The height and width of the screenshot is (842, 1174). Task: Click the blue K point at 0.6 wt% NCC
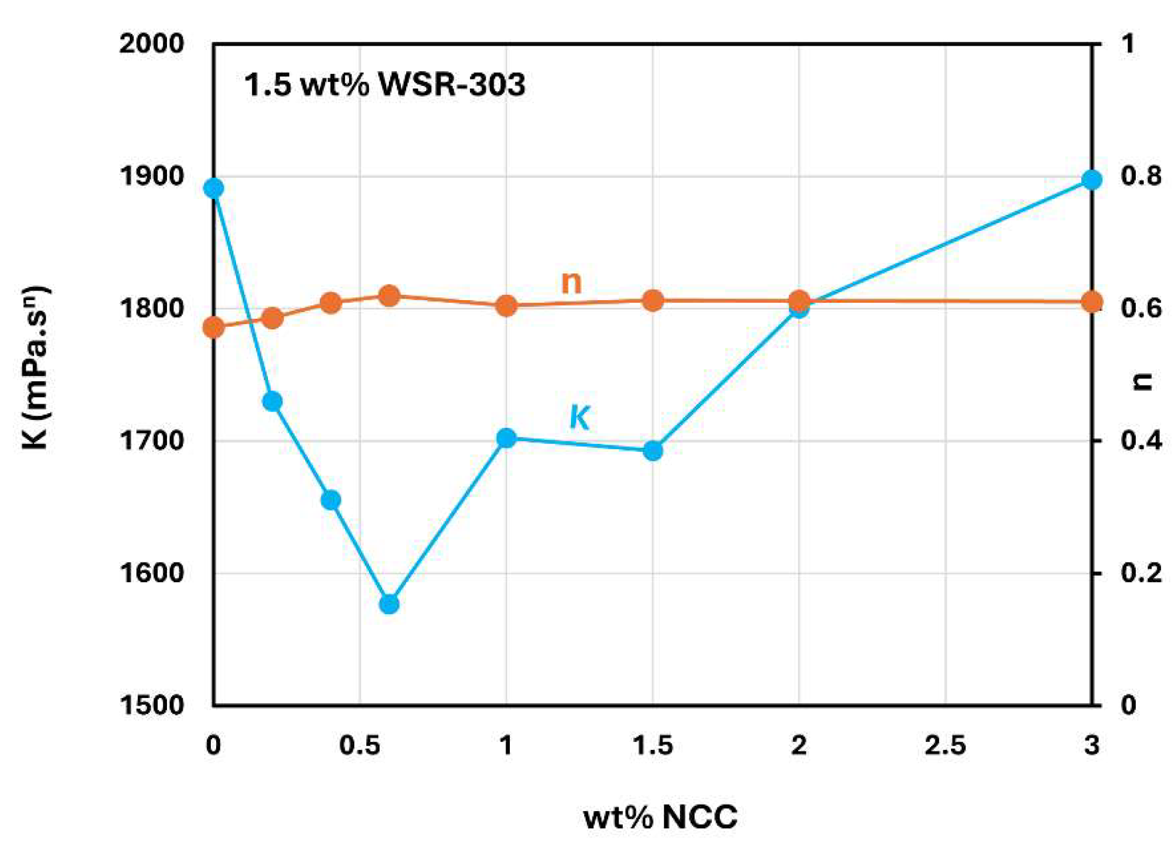point(389,604)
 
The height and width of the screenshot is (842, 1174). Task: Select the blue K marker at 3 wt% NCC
point(1091,180)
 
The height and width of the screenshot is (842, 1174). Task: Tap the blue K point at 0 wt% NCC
point(214,188)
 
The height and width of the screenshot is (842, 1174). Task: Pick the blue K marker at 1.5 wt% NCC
point(653,450)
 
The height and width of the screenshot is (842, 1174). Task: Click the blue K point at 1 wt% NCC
point(506,438)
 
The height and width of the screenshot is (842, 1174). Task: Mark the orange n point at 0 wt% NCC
point(214,328)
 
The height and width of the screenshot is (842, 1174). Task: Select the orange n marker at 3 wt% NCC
point(1091,302)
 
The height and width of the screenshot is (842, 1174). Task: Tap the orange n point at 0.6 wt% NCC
point(389,296)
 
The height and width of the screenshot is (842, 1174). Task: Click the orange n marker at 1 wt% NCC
point(506,305)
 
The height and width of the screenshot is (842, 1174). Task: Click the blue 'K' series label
point(579,417)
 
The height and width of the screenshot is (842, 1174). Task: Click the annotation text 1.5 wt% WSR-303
point(385,84)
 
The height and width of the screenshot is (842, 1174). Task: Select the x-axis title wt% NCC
point(660,817)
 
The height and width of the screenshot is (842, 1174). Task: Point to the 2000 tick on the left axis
point(152,44)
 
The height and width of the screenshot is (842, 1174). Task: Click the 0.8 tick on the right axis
point(1141,176)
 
